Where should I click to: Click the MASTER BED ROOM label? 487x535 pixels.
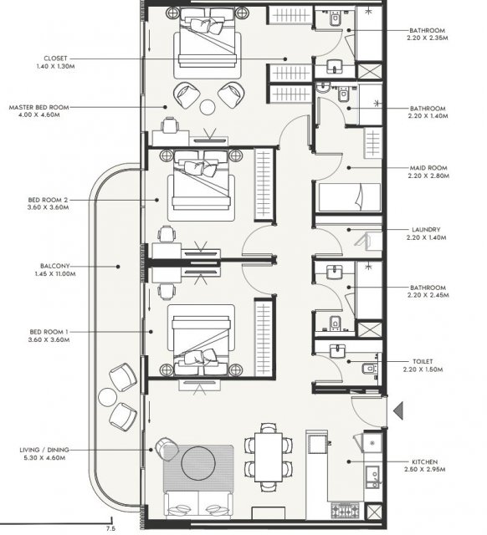click(39, 108)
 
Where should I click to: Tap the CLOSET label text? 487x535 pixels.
click(55, 59)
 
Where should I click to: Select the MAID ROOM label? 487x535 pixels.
click(428, 168)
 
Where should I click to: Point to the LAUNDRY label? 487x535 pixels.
click(426, 230)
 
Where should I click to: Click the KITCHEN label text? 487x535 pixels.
click(424, 462)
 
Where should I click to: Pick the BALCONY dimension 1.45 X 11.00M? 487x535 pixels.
click(55, 274)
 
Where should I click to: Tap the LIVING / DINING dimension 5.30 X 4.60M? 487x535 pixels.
click(44, 458)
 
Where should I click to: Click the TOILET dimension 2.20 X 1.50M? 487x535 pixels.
click(423, 369)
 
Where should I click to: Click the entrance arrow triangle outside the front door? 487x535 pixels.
click(398, 410)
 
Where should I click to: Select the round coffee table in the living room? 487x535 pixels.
click(198, 463)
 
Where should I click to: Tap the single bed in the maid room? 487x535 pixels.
click(350, 197)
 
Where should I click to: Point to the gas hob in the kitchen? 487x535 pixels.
click(345, 511)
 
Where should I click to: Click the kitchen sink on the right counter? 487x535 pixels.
click(372, 477)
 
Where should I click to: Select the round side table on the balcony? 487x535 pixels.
click(108, 398)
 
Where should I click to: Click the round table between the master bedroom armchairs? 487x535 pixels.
click(208, 108)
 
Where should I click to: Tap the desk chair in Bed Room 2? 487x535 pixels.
click(167, 234)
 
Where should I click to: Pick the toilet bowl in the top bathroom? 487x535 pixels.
click(336, 18)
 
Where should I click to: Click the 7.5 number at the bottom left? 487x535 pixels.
click(110, 528)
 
